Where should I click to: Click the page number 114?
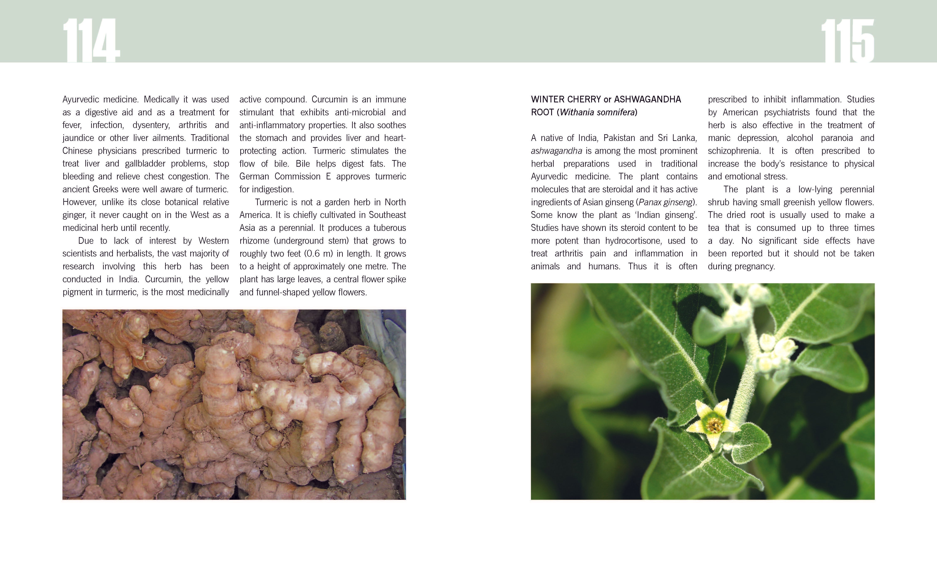[91, 41]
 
